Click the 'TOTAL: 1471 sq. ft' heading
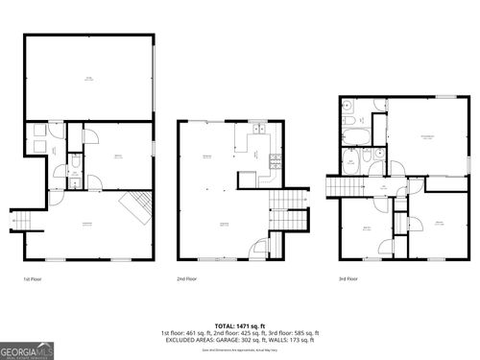pyautogui.click(x=239, y=326)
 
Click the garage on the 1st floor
pyautogui.click(x=88, y=80)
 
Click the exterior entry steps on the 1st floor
pyautogui.click(x=22, y=220)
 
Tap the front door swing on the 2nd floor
pyautogui.click(x=257, y=248)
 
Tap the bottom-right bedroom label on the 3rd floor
pyautogui.click(x=437, y=223)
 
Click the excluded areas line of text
pyautogui.click(x=239, y=340)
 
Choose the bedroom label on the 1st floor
pyautogui.click(x=117, y=156)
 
